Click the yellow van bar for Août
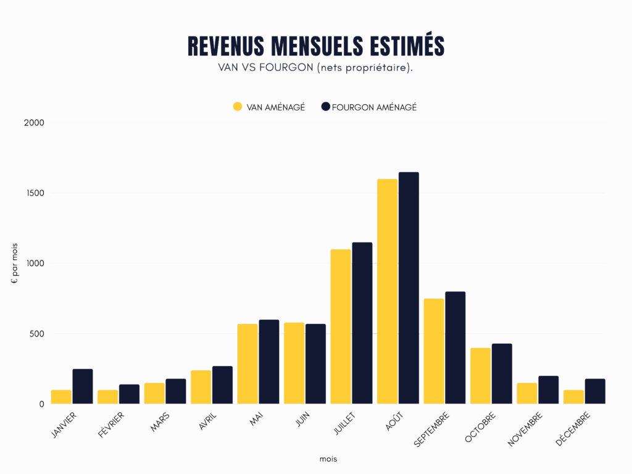(x=387, y=291)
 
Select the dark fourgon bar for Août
(x=409, y=288)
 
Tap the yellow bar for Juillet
(x=341, y=326)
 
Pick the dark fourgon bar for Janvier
(x=82, y=386)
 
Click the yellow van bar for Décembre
(x=573, y=397)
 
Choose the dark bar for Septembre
(x=455, y=347)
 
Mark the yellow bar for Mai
(x=247, y=364)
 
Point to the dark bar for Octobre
(x=502, y=373)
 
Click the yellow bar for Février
(x=107, y=397)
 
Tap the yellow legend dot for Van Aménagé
(x=238, y=107)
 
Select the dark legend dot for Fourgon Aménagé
(x=326, y=107)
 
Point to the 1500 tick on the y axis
(x=36, y=193)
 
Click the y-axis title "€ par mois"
(x=14, y=264)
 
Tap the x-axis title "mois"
(x=328, y=459)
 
